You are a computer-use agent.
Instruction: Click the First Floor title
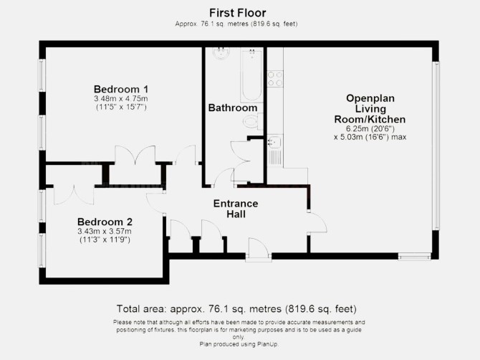click(238, 13)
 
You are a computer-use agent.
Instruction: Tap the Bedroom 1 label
click(121, 89)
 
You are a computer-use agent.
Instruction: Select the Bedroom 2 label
click(105, 222)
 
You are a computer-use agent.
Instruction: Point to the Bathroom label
click(233, 108)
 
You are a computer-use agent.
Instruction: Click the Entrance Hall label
click(236, 209)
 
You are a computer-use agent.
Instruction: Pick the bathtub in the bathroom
click(251, 75)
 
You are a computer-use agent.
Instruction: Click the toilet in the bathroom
click(253, 122)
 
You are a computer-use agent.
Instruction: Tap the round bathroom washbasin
click(221, 52)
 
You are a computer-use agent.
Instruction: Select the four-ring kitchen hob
click(275, 79)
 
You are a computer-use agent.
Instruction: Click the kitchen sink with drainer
click(275, 151)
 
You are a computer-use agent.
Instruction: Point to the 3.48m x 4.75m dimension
click(121, 99)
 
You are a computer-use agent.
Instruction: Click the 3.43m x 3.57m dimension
click(105, 232)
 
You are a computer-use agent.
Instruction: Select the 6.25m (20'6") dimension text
click(370, 128)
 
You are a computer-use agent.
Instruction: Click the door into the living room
click(317, 222)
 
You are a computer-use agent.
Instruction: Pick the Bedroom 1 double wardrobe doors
click(135, 156)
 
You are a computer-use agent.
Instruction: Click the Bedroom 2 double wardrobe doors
click(74, 194)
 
